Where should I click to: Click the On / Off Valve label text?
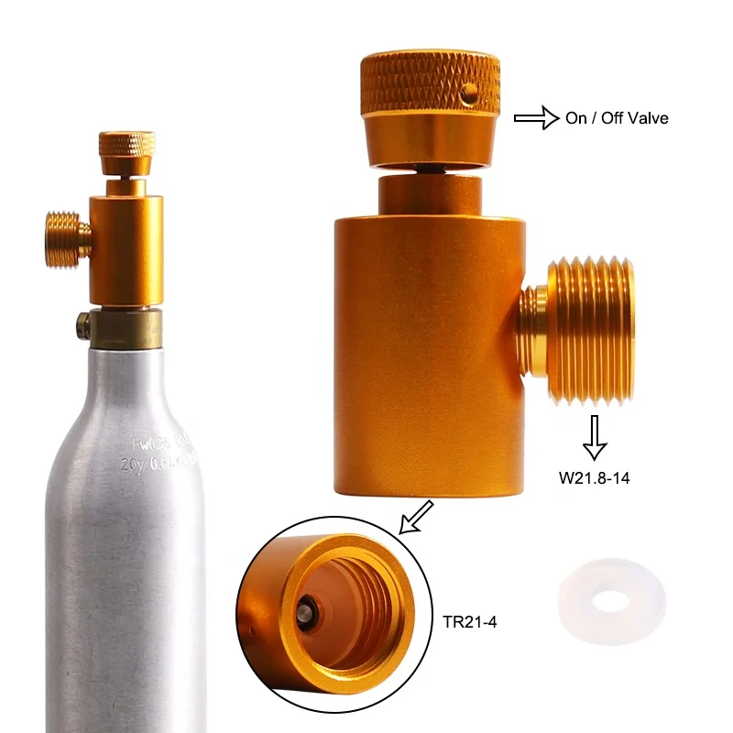(x=617, y=118)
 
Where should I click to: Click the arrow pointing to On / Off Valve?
(x=536, y=117)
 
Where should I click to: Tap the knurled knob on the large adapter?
(x=431, y=82)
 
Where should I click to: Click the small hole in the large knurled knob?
(x=471, y=93)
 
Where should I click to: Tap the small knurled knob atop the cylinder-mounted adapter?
(x=126, y=146)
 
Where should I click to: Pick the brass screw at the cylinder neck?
(x=82, y=323)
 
